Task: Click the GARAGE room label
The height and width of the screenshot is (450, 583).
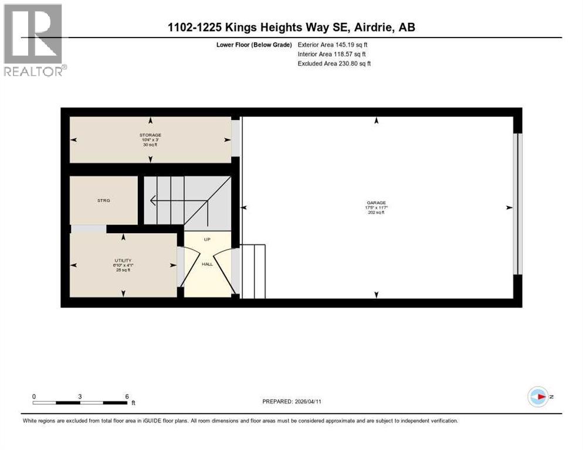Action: [x=377, y=203]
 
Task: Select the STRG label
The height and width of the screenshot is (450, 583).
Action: [x=104, y=200]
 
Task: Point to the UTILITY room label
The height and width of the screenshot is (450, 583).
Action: [x=123, y=260]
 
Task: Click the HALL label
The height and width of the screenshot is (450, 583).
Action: [x=207, y=264]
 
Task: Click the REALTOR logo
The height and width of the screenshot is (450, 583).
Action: [x=33, y=40]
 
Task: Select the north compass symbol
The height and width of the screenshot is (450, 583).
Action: [x=538, y=397]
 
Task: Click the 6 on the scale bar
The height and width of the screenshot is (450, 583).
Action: [x=127, y=396]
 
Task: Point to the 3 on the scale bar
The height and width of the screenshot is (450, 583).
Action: [x=80, y=396]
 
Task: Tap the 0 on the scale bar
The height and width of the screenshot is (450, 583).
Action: [x=34, y=396]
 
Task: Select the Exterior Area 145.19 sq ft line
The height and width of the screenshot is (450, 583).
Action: [x=333, y=45]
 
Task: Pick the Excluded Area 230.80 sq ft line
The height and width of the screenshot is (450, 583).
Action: [x=334, y=63]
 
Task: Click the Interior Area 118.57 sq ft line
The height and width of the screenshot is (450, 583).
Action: [x=332, y=54]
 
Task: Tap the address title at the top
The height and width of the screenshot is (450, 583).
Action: [x=291, y=28]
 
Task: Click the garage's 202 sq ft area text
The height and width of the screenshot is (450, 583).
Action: [x=377, y=213]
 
